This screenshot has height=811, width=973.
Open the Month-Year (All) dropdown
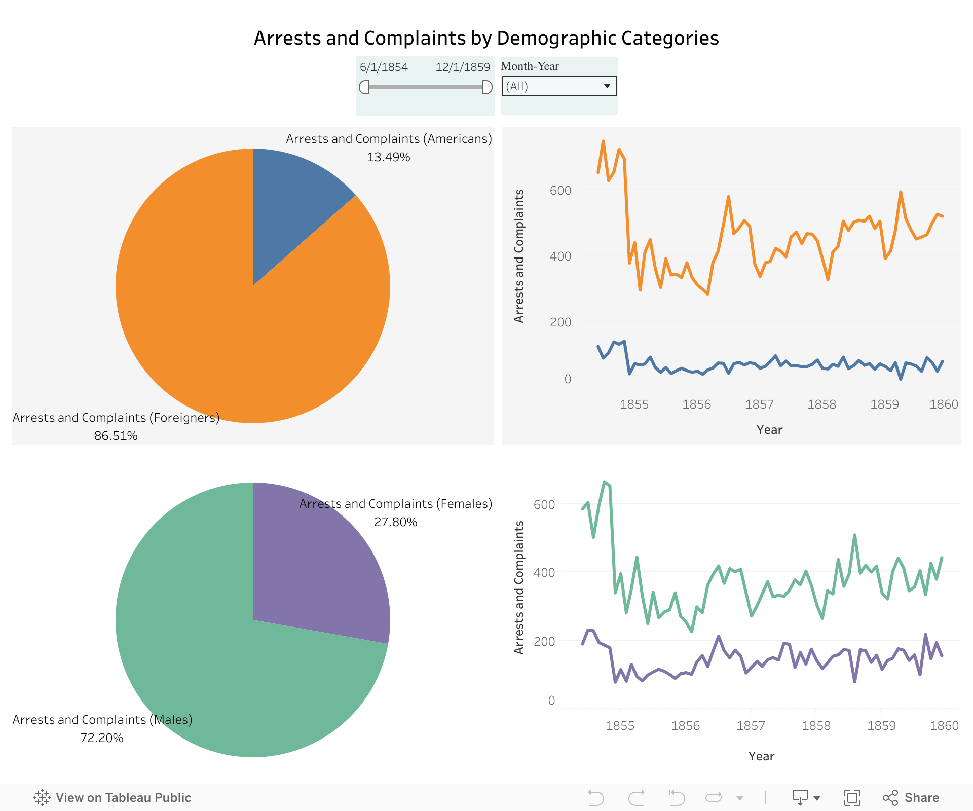(x=559, y=86)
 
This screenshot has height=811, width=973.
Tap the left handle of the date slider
(x=364, y=87)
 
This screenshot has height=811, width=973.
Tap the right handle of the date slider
(x=487, y=87)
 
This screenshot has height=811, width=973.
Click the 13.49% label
(x=388, y=157)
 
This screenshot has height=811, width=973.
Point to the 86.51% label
(x=116, y=436)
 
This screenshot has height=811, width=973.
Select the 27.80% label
(x=395, y=522)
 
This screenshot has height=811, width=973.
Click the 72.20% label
(x=101, y=738)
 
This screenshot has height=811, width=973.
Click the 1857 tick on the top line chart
(x=759, y=404)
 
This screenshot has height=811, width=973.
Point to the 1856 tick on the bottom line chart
(x=685, y=726)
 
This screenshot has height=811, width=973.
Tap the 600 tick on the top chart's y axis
(x=560, y=191)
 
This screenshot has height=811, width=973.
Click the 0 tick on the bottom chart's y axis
(x=551, y=701)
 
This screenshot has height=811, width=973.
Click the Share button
(x=911, y=798)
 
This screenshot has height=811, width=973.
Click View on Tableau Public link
(x=113, y=798)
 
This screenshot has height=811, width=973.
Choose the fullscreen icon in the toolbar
(x=852, y=798)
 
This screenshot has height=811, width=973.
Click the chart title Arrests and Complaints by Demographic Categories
(x=486, y=38)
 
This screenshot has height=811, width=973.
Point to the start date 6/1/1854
(x=384, y=67)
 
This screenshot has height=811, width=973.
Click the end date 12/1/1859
(x=463, y=67)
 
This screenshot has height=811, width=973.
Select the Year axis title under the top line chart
(x=769, y=430)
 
